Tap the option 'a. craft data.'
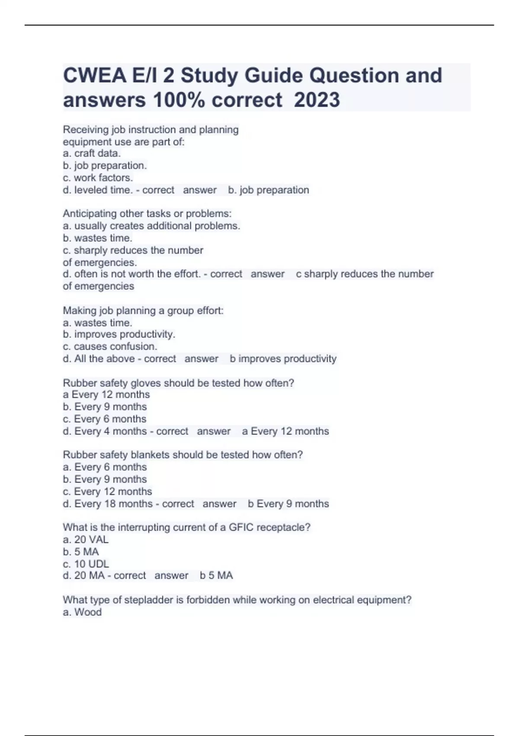(92, 153)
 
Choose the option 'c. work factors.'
(98, 178)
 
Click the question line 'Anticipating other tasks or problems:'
(147, 213)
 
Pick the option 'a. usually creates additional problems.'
(151, 226)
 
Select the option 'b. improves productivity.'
(119, 334)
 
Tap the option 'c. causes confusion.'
(110, 346)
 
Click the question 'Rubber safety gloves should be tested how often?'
(178, 383)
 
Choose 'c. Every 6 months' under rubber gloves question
(105, 419)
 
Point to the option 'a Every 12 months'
(106, 394)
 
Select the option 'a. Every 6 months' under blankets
(105, 467)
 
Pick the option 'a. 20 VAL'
(86, 539)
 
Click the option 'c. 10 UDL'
(86, 564)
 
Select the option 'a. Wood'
(82, 612)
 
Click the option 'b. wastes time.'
(97, 238)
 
